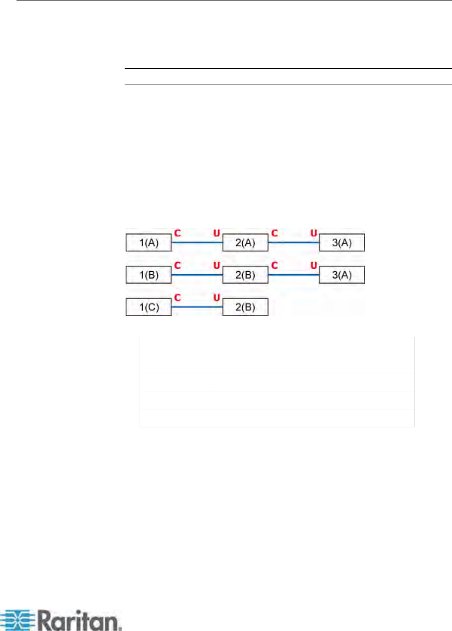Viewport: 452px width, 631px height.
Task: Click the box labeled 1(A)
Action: point(148,243)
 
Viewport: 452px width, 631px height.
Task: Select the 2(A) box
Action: point(245,243)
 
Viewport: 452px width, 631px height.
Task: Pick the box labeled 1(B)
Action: point(148,275)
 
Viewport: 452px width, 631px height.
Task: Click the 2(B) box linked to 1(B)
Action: point(245,275)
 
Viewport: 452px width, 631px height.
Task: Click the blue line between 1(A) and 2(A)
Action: point(197,243)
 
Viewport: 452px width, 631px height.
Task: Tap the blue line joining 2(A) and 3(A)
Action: point(294,243)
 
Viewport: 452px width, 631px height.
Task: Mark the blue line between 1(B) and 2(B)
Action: point(197,275)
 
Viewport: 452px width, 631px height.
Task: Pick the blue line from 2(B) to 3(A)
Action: point(294,275)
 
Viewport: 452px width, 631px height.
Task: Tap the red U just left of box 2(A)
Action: point(217,233)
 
